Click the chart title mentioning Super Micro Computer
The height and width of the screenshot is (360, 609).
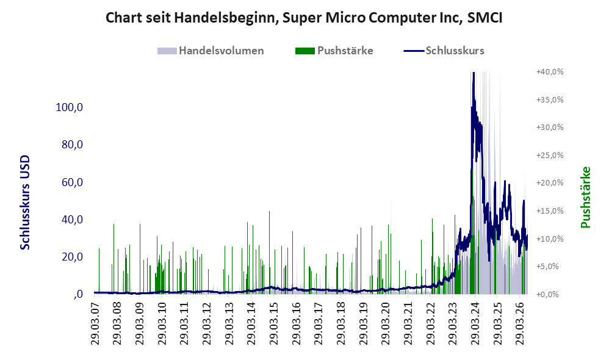click(x=304, y=18)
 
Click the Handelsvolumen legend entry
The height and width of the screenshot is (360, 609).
click(x=211, y=51)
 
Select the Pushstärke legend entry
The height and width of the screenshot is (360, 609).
click(x=334, y=51)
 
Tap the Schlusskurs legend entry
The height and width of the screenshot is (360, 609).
click(x=444, y=51)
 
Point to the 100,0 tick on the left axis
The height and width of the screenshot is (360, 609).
click(x=70, y=107)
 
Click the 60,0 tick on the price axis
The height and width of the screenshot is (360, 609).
click(x=72, y=182)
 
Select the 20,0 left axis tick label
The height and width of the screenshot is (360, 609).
click(x=72, y=257)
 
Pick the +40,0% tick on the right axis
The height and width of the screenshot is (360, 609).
click(x=550, y=72)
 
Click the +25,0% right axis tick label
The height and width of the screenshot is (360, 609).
click(x=550, y=156)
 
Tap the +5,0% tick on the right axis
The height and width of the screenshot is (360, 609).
click(x=547, y=267)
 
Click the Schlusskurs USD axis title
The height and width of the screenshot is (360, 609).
click(x=24, y=203)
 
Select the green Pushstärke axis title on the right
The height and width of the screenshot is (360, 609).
click(x=585, y=197)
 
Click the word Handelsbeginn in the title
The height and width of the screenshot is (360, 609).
click(x=225, y=18)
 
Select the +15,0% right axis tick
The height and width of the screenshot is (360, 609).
click(x=550, y=211)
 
